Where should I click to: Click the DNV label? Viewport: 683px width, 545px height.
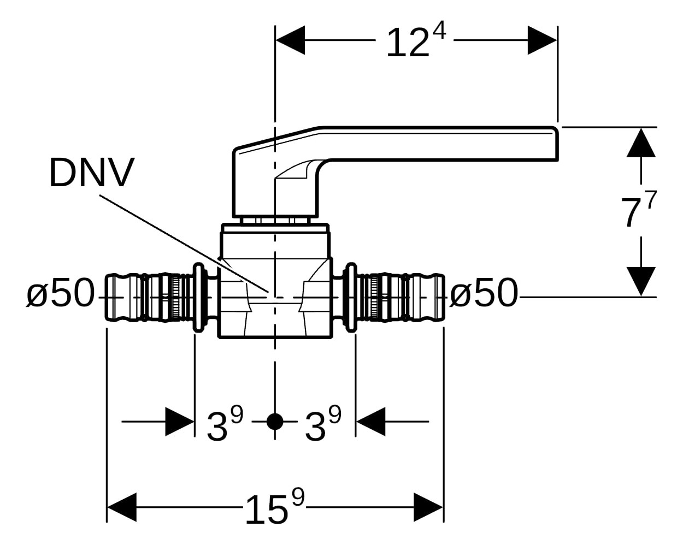tap(91, 173)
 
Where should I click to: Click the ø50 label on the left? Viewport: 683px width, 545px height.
tap(61, 293)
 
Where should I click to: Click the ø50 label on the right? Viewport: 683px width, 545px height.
tap(483, 293)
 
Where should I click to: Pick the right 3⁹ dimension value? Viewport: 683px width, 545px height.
tap(322, 424)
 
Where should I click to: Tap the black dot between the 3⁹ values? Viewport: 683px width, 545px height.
tap(275, 422)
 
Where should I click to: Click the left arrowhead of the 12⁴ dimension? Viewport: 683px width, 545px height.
tap(290, 40)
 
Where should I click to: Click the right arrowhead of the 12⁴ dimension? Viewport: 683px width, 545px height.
tap(543, 40)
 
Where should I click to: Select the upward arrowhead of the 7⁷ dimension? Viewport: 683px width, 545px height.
tap(641, 143)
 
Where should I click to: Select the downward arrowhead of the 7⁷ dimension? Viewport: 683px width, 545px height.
tap(641, 281)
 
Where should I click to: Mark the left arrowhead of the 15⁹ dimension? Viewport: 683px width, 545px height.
tap(121, 507)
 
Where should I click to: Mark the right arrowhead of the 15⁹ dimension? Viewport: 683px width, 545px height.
tap(428, 507)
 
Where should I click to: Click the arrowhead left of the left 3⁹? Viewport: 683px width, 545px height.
tap(180, 422)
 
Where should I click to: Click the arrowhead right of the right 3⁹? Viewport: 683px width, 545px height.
tap(370, 422)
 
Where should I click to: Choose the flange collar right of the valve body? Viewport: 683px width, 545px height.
tap(351, 298)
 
